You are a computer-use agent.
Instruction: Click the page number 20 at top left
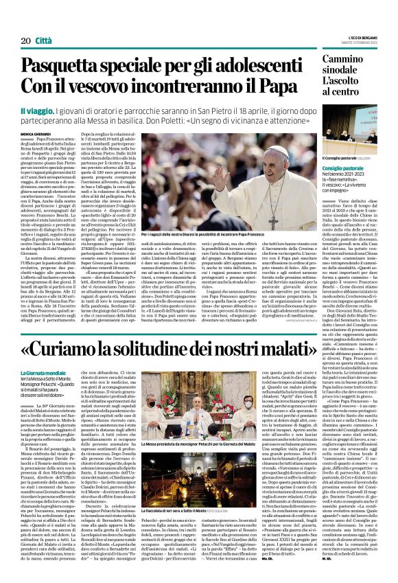25,41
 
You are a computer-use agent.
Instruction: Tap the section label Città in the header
43,41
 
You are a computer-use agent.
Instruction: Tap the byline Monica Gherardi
35,133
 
